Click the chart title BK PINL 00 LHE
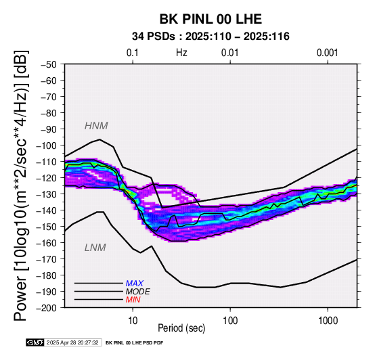[211, 19]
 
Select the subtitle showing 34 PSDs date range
[211, 37]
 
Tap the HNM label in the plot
[96, 126]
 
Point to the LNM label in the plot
[95, 248]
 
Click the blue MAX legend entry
[135, 284]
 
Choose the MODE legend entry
[138, 292]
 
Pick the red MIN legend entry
[133, 300]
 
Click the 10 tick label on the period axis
[133, 321]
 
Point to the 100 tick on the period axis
[230, 321]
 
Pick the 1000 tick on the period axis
[328, 321]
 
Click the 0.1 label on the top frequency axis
[133, 53]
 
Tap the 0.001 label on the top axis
[327, 53]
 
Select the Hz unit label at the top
[181, 53]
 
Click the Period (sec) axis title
[181, 328]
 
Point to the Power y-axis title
[21, 185]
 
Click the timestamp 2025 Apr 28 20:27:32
[72, 342]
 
